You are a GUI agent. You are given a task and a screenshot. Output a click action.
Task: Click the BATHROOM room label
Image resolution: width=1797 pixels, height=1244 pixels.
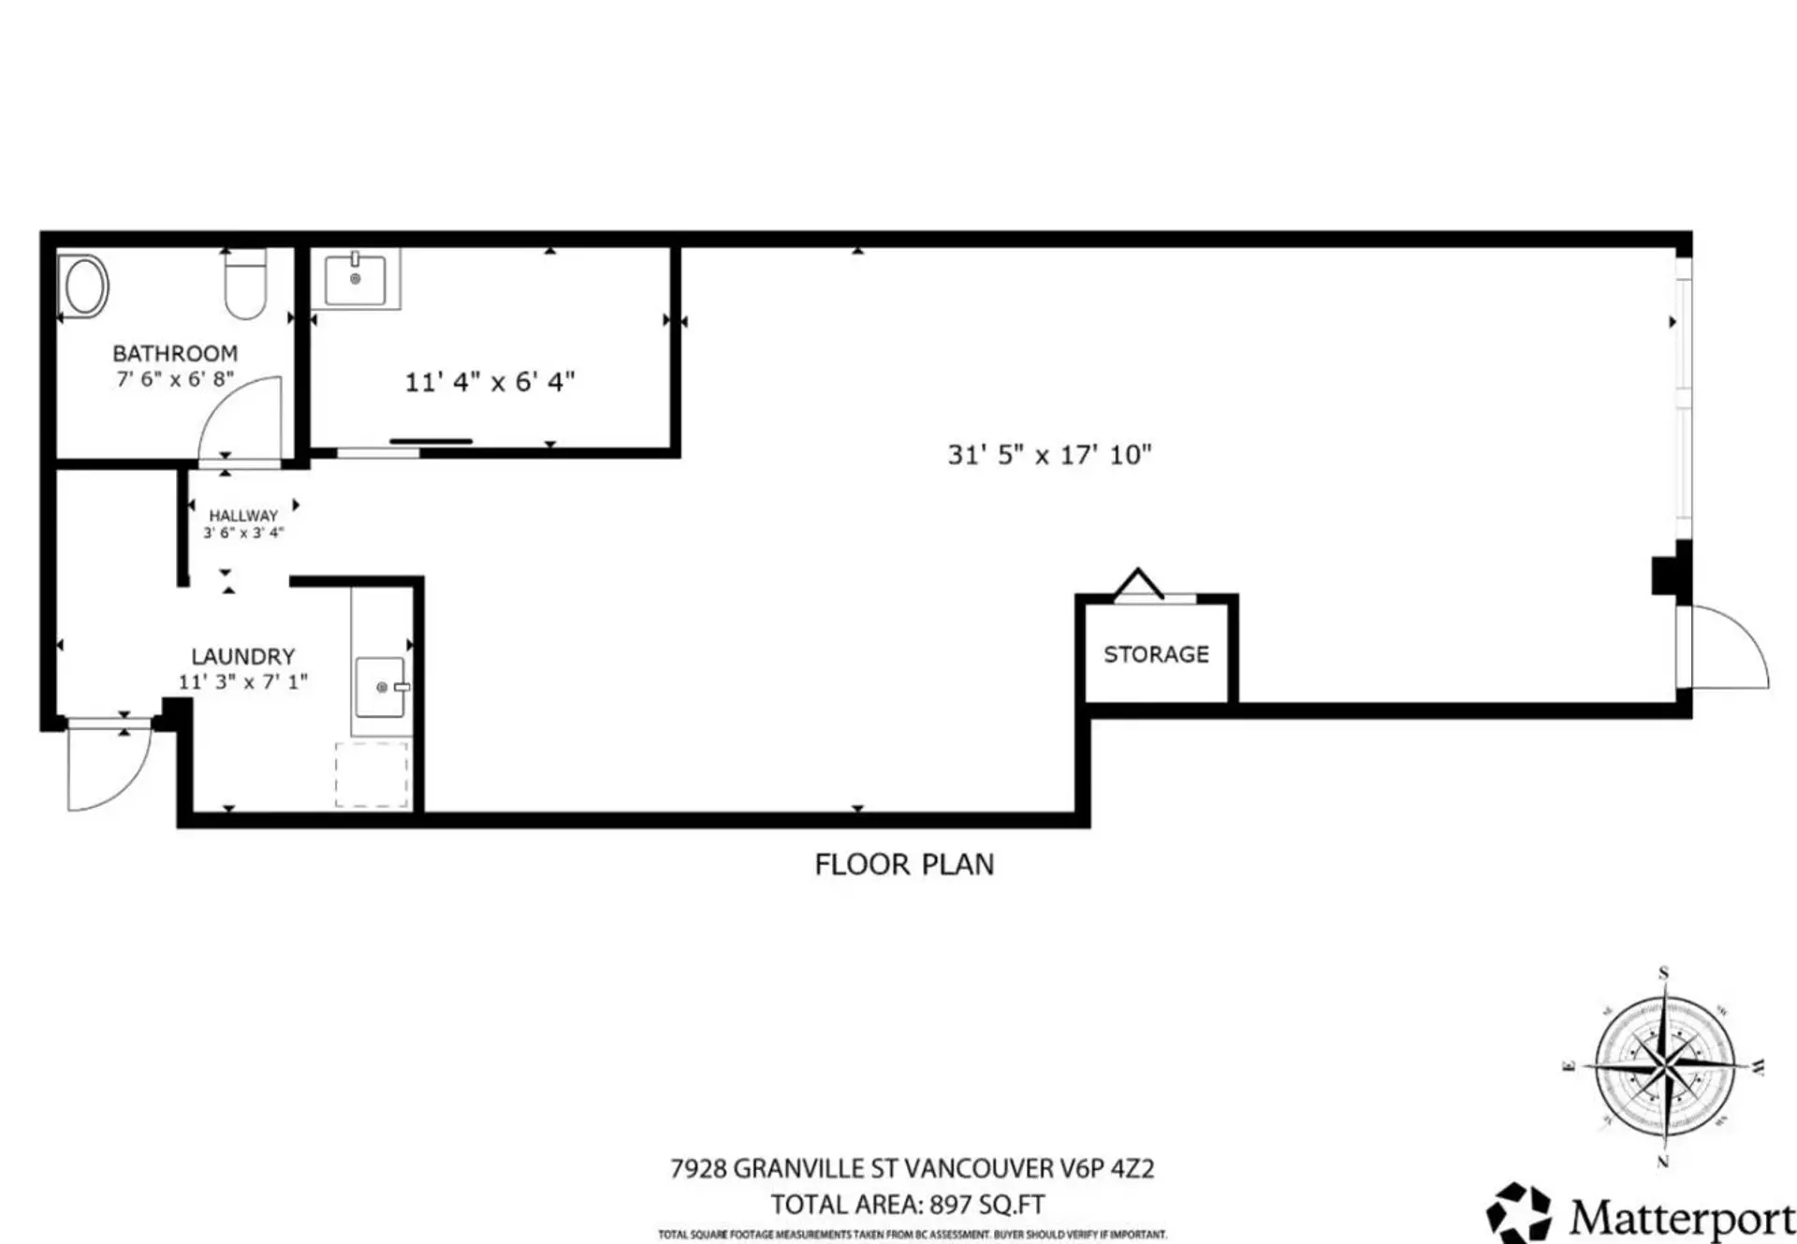pos(175,353)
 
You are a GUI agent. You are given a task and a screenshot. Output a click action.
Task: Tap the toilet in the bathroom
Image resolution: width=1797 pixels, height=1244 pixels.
pos(246,284)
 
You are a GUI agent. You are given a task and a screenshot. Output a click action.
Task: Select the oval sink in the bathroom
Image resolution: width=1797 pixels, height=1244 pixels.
pos(84,286)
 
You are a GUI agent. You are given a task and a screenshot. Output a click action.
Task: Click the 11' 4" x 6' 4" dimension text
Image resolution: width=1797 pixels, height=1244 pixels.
pos(489,382)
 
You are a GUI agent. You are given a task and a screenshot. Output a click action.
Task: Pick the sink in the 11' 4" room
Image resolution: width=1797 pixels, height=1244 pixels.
pos(355,278)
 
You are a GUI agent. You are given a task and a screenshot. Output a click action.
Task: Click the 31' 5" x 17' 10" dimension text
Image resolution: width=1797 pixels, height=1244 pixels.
pos(1049,455)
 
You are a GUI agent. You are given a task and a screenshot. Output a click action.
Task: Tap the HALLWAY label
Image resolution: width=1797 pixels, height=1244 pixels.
pos(243,515)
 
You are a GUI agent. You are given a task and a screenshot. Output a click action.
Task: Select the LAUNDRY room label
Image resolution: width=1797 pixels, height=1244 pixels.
pos(243,656)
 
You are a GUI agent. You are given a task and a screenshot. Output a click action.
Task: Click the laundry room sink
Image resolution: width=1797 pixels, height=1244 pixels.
pos(380,687)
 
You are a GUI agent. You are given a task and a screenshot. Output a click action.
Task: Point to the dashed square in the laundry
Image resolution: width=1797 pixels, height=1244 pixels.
pos(372,774)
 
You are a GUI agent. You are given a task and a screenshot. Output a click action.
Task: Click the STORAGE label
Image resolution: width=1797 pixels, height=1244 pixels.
pos(1156,654)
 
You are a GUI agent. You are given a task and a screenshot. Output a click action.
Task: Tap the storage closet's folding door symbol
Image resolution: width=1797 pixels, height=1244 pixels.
pos(1139,584)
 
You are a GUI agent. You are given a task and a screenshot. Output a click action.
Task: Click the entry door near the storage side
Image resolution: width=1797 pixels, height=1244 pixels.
pos(1727,648)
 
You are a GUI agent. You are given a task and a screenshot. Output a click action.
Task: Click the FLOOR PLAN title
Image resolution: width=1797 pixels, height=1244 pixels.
pos(904,864)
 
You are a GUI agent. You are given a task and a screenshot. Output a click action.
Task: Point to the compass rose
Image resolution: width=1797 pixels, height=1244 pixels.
pos(1664,1067)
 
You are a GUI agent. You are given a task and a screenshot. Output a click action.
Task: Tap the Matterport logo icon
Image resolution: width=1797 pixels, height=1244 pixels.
pos(1518,1215)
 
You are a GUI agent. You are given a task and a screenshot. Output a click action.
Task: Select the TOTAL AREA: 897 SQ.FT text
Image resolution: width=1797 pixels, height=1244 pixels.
pos(907,1204)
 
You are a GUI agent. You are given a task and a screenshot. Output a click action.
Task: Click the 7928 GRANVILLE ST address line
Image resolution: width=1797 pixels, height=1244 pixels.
pos(912,1168)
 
